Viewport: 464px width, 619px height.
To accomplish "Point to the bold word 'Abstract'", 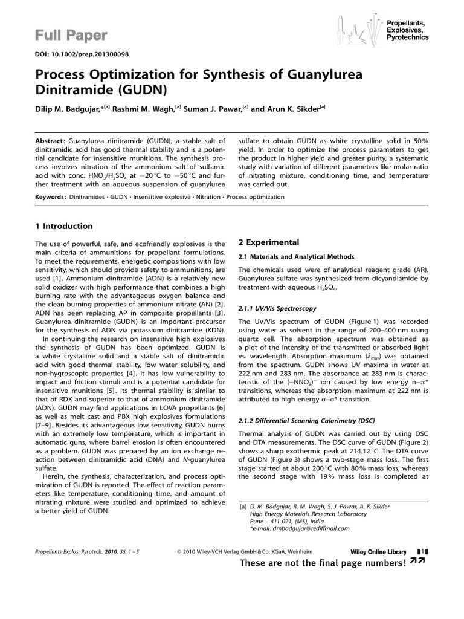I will (51, 139).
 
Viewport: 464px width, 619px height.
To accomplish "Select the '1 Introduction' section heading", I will (64, 227).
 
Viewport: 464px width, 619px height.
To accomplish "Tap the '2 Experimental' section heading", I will (269, 242).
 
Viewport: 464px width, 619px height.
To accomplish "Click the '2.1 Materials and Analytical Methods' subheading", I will (298, 256).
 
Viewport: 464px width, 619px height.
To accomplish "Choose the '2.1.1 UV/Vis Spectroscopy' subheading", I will (277, 308).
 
